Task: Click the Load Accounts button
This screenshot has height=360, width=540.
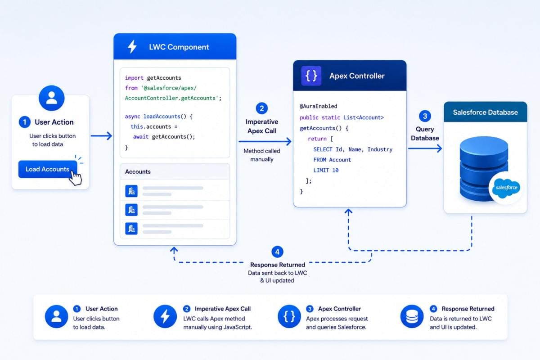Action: point(48,169)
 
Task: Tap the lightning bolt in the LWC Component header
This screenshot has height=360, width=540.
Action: point(132,46)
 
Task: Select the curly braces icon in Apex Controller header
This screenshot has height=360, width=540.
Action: point(311,76)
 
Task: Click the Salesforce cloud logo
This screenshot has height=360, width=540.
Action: point(506,188)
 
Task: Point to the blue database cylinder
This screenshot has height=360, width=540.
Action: point(484,168)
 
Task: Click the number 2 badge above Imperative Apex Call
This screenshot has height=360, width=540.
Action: point(262,108)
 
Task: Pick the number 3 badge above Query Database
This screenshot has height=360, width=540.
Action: point(425,116)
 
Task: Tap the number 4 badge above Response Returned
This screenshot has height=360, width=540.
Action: point(277,252)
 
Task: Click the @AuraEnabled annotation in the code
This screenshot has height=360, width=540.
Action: point(319,106)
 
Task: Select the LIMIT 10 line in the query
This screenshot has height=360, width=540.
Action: point(326,170)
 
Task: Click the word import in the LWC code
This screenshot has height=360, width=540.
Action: point(134,78)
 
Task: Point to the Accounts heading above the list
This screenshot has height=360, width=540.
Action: point(138,172)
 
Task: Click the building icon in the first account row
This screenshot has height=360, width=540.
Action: point(131,191)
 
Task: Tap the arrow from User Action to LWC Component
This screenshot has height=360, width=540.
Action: point(102,136)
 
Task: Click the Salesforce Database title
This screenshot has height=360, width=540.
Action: point(485,112)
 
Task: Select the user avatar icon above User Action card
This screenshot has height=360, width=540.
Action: point(52,98)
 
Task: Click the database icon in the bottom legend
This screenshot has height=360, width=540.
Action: point(412,316)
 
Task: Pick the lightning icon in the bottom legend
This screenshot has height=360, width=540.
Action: point(165,316)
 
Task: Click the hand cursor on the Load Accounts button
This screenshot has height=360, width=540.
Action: point(75,178)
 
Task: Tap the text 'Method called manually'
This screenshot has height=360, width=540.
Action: point(262,155)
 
